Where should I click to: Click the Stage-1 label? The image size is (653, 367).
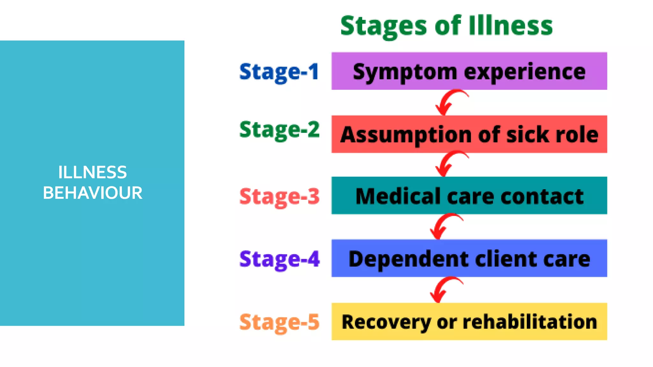279,72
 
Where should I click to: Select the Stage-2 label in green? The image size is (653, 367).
279,130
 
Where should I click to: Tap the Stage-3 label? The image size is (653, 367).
279,197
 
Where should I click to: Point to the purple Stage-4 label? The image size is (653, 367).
279,259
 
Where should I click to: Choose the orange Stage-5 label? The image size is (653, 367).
279,322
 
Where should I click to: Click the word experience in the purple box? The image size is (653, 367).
525,72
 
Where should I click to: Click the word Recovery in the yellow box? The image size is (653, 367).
386,322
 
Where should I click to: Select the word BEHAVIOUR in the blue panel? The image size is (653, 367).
92,193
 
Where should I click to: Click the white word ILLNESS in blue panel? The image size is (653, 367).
92,172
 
